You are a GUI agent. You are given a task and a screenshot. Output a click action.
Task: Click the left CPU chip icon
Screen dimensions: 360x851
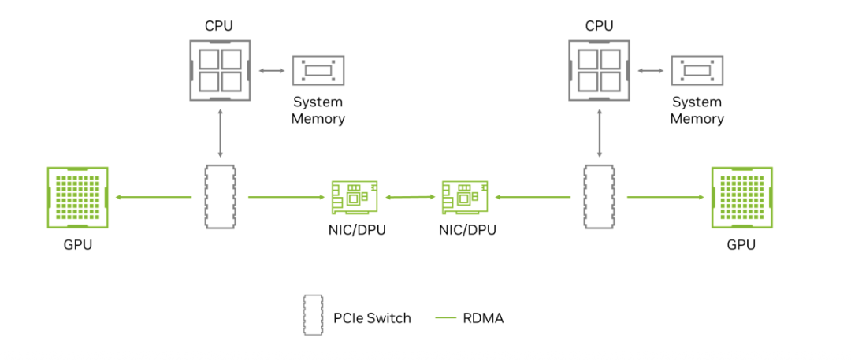pos(220,70)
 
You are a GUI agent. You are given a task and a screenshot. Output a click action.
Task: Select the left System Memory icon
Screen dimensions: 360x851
pos(318,71)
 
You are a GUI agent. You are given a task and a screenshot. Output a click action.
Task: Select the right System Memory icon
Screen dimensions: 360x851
pos(697,71)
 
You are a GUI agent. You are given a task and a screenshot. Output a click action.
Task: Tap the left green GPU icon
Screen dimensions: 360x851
pos(78,197)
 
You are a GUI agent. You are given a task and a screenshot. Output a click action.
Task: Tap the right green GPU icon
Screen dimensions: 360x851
pos(741,197)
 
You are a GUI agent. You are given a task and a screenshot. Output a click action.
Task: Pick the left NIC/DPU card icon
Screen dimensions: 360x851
pos(353,197)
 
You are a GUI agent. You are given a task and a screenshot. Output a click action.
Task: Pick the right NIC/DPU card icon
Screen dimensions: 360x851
pos(463,197)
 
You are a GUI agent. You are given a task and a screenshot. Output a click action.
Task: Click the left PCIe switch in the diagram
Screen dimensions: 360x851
pos(220,197)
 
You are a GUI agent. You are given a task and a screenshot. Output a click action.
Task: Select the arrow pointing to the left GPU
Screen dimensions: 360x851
pos(154,198)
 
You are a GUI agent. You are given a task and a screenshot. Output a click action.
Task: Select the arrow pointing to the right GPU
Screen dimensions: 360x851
pos(666,198)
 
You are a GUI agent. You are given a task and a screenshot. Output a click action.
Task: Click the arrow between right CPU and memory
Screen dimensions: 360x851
pos(649,71)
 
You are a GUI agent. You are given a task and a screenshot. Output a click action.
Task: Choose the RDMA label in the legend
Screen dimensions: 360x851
pos(484,318)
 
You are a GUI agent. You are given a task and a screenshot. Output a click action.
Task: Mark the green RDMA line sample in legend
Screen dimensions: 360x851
pos(446,318)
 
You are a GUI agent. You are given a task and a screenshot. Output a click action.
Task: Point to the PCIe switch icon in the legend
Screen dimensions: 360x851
pos(314,315)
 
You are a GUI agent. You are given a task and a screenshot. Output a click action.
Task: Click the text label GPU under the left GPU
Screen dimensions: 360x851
pos(78,244)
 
